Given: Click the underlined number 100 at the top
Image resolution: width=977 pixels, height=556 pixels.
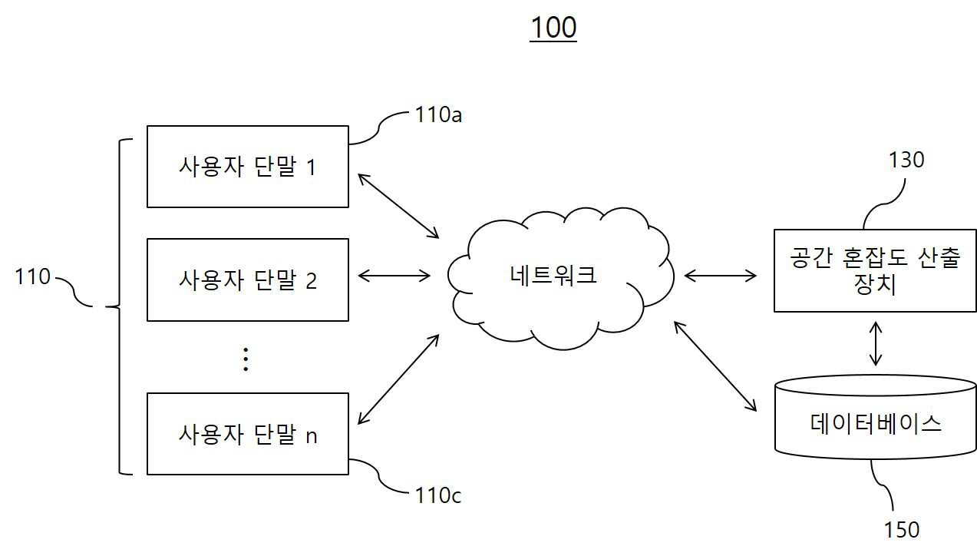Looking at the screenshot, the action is pyautogui.click(x=553, y=28).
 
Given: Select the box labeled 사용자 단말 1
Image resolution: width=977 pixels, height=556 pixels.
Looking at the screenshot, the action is pyautogui.click(x=248, y=167).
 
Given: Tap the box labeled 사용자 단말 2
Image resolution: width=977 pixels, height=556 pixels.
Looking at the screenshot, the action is pyautogui.click(x=248, y=280).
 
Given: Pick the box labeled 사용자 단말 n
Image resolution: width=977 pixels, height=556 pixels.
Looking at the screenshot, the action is pyautogui.click(x=248, y=434).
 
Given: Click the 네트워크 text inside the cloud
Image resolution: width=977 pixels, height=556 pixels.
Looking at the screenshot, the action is pyautogui.click(x=553, y=275).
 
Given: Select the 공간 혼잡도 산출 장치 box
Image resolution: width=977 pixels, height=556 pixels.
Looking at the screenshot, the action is pyautogui.click(x=875, y=270).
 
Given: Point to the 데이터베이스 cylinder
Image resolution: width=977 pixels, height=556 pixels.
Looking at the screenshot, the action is pyautogui.click(x=876, y=417).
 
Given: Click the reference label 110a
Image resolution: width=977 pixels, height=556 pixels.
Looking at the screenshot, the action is pyautogui.click(x=438, y=114).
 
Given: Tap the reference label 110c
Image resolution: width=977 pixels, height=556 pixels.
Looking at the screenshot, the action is pyautogui.click(x=438, y=495).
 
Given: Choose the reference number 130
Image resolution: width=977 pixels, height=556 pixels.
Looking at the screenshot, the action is pyautogui.click(x=906, y=160).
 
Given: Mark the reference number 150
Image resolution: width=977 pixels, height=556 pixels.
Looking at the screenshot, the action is pyautogui.click(x=902, y=530).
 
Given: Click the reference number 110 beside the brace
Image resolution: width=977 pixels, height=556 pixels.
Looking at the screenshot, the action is pyautogui.click(x=33, y=276).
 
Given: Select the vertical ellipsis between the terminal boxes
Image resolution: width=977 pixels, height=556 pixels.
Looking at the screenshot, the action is pyautogui.click(x=246, y=359).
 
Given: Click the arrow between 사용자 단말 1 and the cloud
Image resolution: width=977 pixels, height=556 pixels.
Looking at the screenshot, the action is pyautogui.click(x=398, y=206).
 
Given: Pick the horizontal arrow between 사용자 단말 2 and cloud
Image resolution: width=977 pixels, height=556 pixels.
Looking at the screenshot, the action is pyautogui.click(x=394, y=276).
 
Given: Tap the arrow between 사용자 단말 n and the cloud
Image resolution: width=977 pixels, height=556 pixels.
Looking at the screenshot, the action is pyautogui.click(x=398, y=379).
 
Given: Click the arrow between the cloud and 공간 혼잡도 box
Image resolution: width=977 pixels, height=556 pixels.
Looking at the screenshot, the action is pyautogui.click(x=720, y=276).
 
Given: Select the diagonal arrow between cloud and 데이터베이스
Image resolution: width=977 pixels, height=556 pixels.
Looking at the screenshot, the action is pyautogui.click(x=715, y=366).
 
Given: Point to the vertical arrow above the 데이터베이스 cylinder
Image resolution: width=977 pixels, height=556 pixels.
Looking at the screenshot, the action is pyautogui.click(x=876, y=343).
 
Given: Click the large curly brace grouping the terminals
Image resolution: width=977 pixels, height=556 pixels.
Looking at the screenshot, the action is pyautogui.click(x=119, y=307).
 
